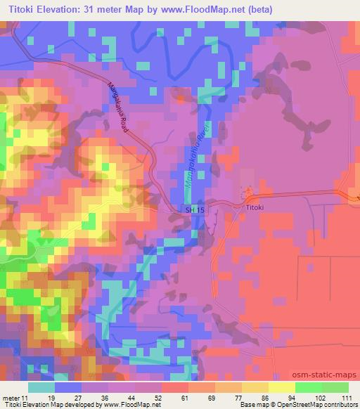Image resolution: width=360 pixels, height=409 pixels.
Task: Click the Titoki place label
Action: click(254, 208)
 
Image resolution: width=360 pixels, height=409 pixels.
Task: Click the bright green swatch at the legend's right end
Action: click(336, 387)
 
